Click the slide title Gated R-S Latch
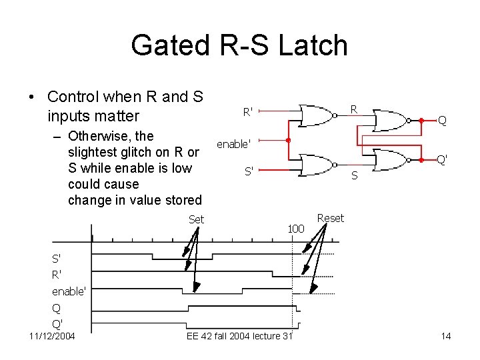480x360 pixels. coord(239,45)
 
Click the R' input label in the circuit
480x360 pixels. coord(247,112)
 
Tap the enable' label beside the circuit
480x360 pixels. coord(233,143)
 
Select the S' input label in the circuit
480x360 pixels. coord(249,171)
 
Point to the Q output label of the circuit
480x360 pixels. coord(442,121)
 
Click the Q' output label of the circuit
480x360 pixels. coord(441,160)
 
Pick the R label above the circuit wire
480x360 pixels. coord(354,109)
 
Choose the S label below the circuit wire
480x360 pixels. coord(355,176)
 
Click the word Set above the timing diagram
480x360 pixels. coord(196,219)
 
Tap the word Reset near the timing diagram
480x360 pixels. coord(331,218)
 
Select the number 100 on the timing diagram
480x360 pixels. coord(296,229)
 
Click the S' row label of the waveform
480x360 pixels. coord(57,259)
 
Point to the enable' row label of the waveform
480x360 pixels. coord(69,292)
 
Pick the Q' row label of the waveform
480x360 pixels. coord(58,323)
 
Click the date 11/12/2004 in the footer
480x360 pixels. coord(52,336)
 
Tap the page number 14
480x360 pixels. coord(446,336)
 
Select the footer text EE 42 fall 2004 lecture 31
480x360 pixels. coord(239,336)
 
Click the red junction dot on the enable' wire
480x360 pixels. coord(287,141)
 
